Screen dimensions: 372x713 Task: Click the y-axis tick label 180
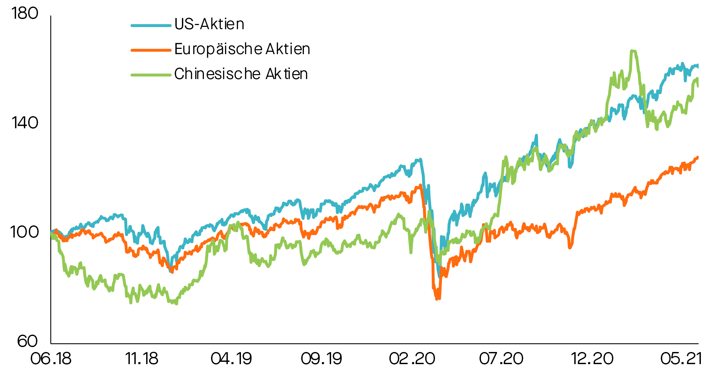[25, 14]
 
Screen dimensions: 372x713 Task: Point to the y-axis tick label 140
[25, 123]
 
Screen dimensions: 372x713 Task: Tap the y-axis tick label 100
[25, 232]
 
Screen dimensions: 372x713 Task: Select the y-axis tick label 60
[28, 341]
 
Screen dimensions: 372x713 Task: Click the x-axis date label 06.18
[51, 359]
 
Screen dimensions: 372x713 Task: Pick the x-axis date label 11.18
[142, 359]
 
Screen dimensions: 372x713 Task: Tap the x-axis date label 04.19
[231, 359]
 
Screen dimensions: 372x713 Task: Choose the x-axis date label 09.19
[322, 359]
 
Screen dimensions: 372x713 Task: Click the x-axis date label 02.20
[412, 359]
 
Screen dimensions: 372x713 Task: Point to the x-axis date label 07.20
[501, 359]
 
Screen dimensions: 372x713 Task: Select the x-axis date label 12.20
[592, 359]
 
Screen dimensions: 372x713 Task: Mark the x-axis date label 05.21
[681, 359]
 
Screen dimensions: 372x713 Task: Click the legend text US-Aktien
[209, 24]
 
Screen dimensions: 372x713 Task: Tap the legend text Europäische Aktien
[242, 49]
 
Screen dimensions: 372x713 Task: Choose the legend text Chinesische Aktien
[241, 74]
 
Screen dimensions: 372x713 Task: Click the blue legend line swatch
[151, 25]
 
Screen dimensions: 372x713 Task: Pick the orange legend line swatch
[151, 50]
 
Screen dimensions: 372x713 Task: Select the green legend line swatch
[151, 75]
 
